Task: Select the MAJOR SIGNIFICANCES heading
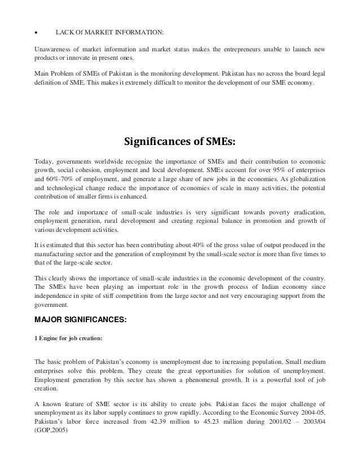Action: (81, 320)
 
